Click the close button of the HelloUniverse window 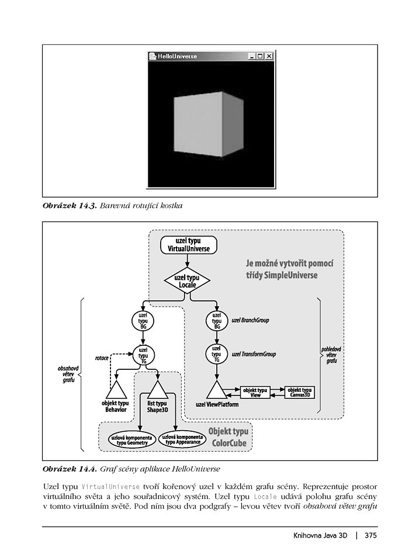tap(269, 56)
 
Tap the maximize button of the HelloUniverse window tap(260, 56)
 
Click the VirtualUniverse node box tap(188, 245)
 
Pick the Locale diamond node tap(188, 280)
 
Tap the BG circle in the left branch tap(143, 320)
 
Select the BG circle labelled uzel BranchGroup tap(217, 320)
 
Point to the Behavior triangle tap(116, 391)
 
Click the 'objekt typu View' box tap(255, 392)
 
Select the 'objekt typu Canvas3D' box tap(300, 392)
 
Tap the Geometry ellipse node tap(131, 440)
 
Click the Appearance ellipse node tap(183, 439)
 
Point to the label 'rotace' tap(102, 357)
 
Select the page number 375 tap(370, 535)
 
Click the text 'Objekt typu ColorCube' tap(228, 437)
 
